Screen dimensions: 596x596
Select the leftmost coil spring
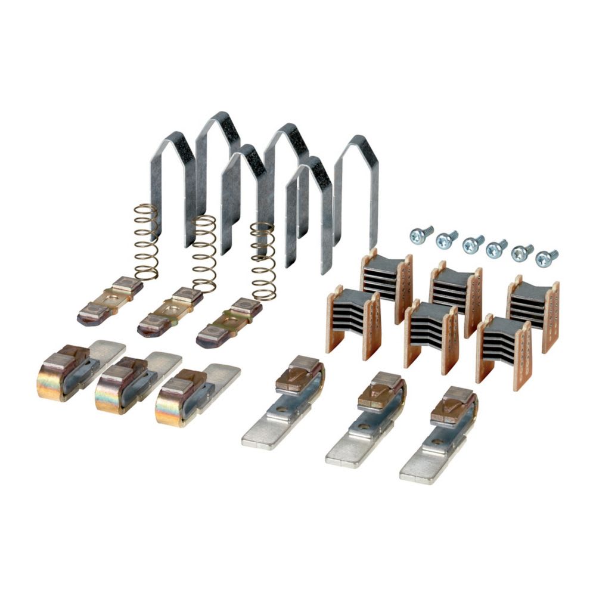145,241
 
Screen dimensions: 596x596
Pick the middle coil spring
204,253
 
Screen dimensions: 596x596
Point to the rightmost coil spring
263,261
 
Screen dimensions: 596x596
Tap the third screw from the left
473,244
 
